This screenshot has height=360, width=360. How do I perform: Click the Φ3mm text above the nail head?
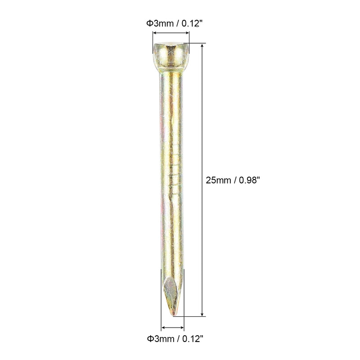coord(160,23)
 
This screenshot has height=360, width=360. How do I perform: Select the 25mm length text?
coord(218,180)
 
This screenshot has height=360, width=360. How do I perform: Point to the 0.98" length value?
coord(249,180)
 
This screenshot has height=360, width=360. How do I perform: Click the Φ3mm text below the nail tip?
coord(161,339)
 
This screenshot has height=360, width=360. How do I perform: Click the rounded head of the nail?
coord(171,57)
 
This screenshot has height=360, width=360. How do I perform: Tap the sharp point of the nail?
coord(173,315)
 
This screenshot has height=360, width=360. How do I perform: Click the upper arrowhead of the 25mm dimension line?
coord(202,45)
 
